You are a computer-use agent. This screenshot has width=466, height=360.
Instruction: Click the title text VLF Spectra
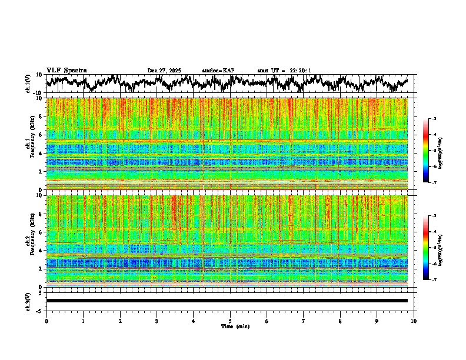(66, 71)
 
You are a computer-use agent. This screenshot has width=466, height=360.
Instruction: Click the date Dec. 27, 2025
(164, 71)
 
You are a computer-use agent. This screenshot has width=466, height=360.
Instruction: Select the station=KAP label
(218, 71)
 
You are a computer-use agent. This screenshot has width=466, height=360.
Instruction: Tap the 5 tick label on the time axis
(230, 321)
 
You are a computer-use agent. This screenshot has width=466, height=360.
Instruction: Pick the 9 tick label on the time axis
(377, 321)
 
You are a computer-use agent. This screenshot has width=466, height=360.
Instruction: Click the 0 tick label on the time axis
(46, 321)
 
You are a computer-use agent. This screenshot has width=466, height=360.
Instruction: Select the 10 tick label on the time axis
(414, 321)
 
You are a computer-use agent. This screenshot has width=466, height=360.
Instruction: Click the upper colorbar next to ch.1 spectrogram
(432, 151)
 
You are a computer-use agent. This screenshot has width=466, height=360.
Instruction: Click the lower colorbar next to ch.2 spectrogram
(432, 248)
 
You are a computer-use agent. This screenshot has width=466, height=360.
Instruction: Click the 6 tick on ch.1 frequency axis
(42, 135)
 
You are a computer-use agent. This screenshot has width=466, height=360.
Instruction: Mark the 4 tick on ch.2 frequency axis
(42, 250)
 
